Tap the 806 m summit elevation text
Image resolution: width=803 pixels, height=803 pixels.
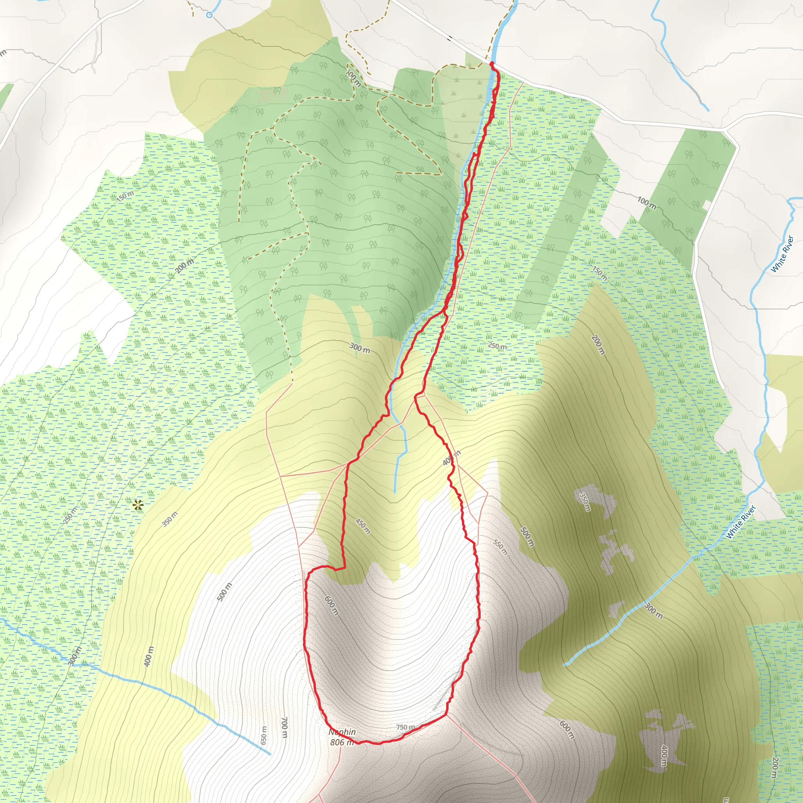click(x=342, y=742)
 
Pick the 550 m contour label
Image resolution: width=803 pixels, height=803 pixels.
click(x=500, y=547)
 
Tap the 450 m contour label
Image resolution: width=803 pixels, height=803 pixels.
click(x=363, y=526)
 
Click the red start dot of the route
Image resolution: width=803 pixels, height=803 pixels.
click(x=492, y=63)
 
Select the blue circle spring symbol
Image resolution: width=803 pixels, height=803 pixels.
click(x=209, y=15)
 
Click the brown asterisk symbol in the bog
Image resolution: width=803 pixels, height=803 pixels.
click(x=138, y=505)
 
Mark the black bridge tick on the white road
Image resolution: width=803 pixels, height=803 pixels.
click(x=450, y=39)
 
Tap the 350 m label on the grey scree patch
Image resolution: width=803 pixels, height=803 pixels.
click(x=584, y=502)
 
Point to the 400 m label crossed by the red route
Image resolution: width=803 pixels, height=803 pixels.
click(x=451, y=458)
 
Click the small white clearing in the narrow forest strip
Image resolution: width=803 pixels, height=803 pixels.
click(x=706, y=205)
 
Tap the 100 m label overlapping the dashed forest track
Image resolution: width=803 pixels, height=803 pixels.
click(x=354, y=78)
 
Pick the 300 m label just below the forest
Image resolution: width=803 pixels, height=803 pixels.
click(x=360, y=347)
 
